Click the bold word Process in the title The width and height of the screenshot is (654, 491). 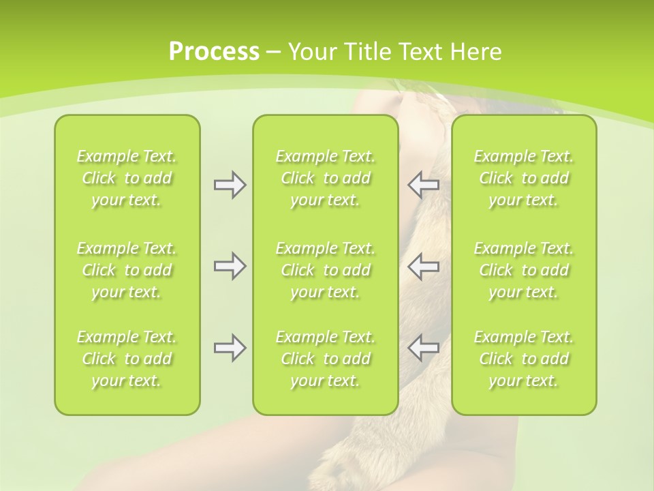tap(214, 52)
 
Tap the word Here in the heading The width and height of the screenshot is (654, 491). tap(475, 52)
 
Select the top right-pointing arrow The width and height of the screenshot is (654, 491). tap(230, 185)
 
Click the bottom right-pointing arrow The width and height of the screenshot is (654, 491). tap(230, 348)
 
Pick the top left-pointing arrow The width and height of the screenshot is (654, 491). tap(424, 185)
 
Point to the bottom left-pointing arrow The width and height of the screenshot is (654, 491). tap(424, 348)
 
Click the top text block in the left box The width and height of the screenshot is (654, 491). tap(127, 178)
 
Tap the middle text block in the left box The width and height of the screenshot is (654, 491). tap(127, 270)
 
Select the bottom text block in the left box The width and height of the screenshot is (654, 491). tap(127, 359)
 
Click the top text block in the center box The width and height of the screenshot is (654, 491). tap(325, 178)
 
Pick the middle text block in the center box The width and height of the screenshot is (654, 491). tap(325, 270)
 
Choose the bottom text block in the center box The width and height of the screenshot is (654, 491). tap(325, 359)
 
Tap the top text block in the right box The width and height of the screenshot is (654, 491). tap(524, 178)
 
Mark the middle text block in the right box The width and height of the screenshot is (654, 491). tap(524, 270)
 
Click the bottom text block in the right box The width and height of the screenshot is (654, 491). tap(524, 359)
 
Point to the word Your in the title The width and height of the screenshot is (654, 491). tap(311, 52)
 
